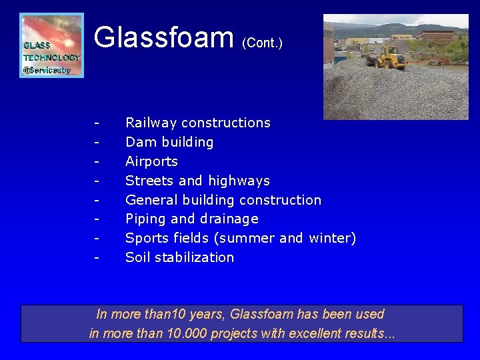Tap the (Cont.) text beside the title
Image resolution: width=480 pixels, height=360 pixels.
click(x=262, y=43)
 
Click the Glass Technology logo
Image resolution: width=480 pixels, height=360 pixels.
click(x=52, y=45)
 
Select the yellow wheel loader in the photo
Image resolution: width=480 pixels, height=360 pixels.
click(x=387, y=58)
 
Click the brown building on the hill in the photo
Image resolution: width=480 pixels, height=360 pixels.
click(x=437, y=35)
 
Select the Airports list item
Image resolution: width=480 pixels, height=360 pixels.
click(x=151, y=161)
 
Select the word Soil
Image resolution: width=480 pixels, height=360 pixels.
click(x=137, y=257)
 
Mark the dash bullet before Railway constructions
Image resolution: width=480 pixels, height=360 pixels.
click(x=97, y=123)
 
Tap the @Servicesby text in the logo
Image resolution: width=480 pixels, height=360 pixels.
click(x=47, y=70)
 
